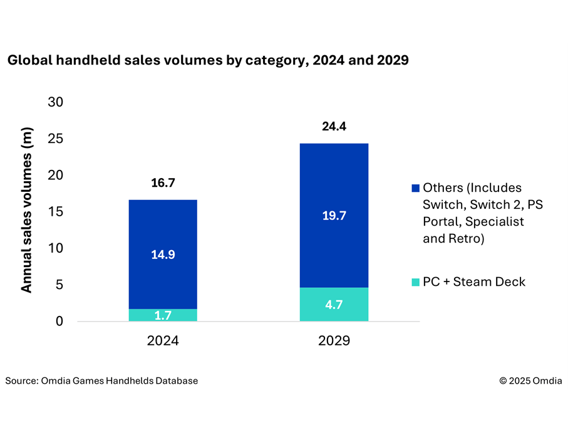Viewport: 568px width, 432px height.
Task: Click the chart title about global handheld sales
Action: (x=207, y=61)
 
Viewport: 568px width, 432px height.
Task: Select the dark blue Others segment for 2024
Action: (x=163, y=232)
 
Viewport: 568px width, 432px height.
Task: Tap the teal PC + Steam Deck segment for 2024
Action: (x=163, y=315)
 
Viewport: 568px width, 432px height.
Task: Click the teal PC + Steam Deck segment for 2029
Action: (x=334, y=305)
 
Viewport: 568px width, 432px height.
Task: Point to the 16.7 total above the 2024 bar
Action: (x=163, y=183)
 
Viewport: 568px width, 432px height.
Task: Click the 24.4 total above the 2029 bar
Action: (x=334, y=127)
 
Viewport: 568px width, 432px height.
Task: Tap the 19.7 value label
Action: (x=334, y=216)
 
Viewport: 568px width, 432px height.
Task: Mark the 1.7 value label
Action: (x=163, y=315)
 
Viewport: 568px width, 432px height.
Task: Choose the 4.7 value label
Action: (x=334, y=305)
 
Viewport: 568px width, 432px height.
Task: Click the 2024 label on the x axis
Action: (x=163, y=342)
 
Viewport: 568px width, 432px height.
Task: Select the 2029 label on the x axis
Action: (x=334, y=342)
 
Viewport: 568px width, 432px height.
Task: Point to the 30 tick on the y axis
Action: (x=56, y=102)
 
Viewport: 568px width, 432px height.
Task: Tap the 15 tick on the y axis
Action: (x=56, y=212)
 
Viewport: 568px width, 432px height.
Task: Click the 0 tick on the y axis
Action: (x=60, y=322)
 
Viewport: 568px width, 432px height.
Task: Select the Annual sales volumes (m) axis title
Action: (x=27, y=210)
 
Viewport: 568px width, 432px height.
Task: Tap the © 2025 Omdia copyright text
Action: (x=530, y=381)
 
